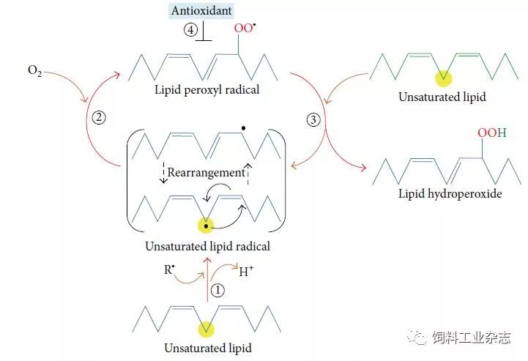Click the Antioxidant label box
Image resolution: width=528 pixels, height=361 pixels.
click(201, 11)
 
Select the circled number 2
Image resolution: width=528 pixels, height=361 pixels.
click(100, 118)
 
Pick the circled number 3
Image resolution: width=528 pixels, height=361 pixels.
click(313, 119)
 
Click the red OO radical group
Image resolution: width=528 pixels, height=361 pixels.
click(243, 29)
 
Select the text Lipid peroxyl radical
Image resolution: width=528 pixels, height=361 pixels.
click(207, 90)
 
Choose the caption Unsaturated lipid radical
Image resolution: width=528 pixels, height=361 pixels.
click(207, 246)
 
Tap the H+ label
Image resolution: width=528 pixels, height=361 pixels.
click(248, 272)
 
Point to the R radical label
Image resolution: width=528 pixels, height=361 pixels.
click(168, 270)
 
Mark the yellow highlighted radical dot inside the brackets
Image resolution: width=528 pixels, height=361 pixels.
click(207, 226)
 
